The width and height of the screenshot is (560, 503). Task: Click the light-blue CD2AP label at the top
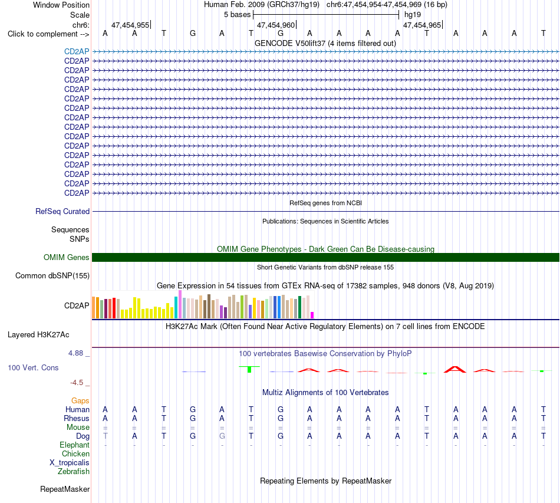tap(77, 51)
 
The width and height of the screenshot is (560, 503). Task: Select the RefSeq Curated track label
tap(62, 212)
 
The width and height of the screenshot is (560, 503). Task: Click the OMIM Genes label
tap(66, 257)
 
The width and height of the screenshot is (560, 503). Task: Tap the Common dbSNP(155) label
tap(52, 276)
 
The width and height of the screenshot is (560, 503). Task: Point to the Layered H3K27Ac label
tap(38, 335)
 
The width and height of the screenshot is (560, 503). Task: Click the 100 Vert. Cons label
tap(33, 367)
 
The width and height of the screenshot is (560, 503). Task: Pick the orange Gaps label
tap(80, 401)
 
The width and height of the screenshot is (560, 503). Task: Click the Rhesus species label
tap(77, 418)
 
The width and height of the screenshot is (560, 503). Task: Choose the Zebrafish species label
tap(74, 472)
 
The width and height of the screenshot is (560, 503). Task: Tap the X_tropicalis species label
tap(70, 463)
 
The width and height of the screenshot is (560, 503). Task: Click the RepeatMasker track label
tap(65, 489)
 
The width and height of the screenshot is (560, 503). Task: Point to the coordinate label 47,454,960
tap(276, 25)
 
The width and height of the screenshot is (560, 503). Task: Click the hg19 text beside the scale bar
tap(413, 15)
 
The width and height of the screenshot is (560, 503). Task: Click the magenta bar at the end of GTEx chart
tap(312, 315)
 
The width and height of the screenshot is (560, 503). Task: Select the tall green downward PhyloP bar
tap(249, 369)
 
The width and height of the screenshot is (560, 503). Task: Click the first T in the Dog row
tap(106, 436)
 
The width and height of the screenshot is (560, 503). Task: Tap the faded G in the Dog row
tap(222, 436)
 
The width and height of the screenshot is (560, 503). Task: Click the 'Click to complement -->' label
tap(48, 34)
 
